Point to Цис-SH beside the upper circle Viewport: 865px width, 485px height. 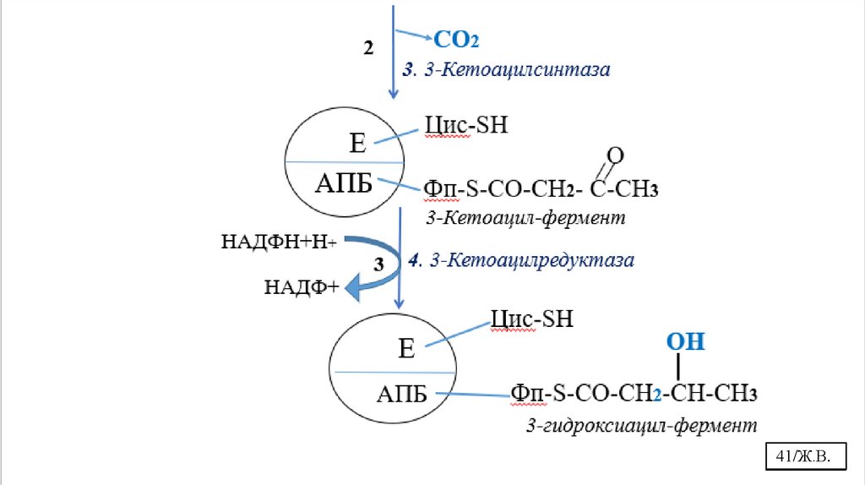464,126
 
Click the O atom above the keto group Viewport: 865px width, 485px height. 616,155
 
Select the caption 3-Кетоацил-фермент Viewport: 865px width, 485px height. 525,218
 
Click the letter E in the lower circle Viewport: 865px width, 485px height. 406,349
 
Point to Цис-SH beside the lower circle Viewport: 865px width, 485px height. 531,319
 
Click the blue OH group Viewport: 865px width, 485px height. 685,342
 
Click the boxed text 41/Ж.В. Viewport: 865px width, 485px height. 804,457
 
